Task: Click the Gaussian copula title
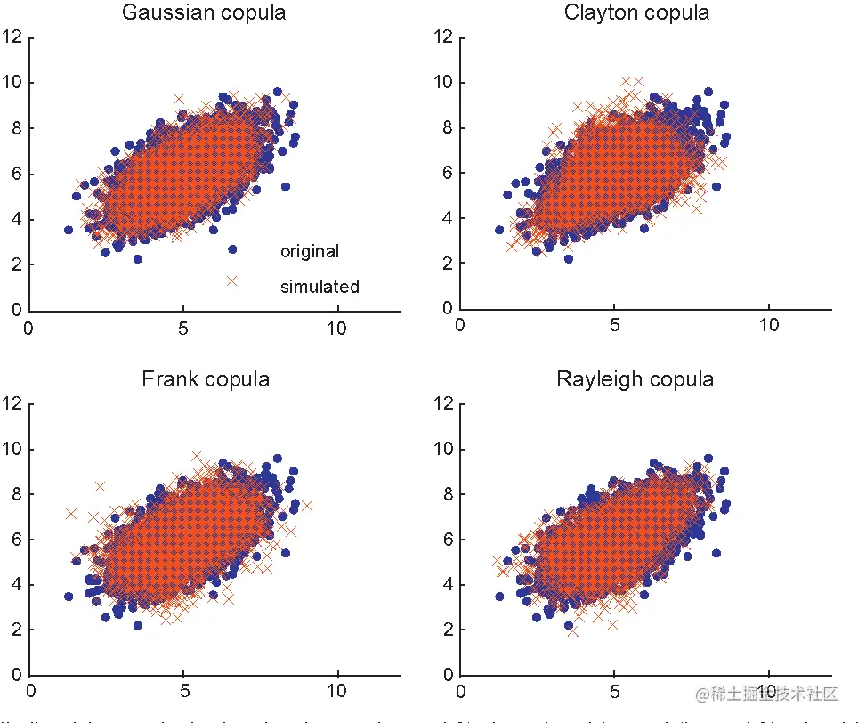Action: coord(204,13)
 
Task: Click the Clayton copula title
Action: coord(636,13)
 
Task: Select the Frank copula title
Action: coord(206,379)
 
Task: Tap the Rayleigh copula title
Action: coord(635,379)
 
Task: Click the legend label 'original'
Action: coord(310,252)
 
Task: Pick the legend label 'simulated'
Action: coord(320,288)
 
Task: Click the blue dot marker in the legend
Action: coord(232,249)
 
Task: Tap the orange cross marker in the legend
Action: coord(232,281)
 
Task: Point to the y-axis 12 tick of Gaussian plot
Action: coord(12,37)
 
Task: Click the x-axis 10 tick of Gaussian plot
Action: coord(337,328)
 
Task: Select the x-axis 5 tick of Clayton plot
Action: coord(614,325)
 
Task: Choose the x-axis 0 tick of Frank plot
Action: coord(31,690)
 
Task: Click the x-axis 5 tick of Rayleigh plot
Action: coord(614,690)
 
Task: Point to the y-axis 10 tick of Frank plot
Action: coord(12,449)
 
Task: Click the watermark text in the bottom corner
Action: coord(766,694)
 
